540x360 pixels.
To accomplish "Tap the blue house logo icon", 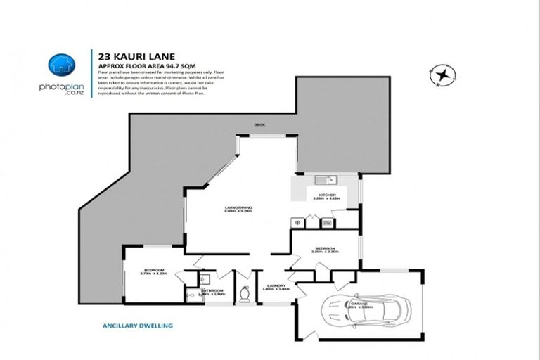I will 62,65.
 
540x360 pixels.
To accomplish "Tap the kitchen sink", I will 324,179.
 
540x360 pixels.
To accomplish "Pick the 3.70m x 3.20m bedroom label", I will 154,271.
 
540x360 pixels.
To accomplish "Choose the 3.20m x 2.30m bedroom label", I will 325,250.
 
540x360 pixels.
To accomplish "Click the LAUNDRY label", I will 276,286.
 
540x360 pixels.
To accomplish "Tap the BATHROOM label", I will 213,291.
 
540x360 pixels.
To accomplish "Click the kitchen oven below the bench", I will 328,223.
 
